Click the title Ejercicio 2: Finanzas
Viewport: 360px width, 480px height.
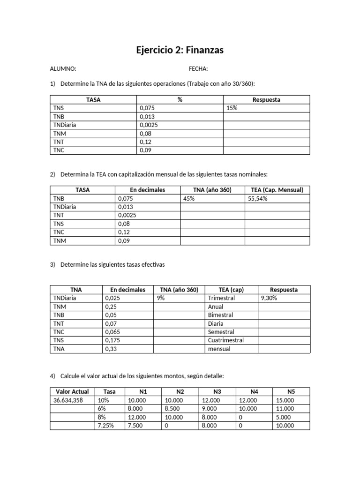click(x=180, y=49)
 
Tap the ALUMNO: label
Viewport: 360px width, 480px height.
click(x=63, y=69)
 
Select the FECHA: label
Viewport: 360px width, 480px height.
click(x=198, y=69)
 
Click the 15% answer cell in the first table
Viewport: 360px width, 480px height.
click(x=232, y=108)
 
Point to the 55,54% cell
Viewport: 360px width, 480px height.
click(x=257, y=198)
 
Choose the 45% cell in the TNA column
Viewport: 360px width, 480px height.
click(x=189, y=198)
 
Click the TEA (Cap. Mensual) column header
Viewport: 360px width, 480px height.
click(x=277, y=190)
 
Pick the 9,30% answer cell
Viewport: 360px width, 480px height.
click(x=270, y=298)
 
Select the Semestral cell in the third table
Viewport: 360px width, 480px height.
click(x=220, y=332)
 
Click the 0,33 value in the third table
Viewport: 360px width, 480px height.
click(x=111, y=349)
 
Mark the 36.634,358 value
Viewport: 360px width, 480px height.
click(x=69, y=400)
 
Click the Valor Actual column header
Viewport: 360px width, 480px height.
click(x=72, y=392)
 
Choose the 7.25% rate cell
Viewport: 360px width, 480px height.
click(x=105, y=426)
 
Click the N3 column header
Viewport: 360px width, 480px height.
click(x=217, y=392)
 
